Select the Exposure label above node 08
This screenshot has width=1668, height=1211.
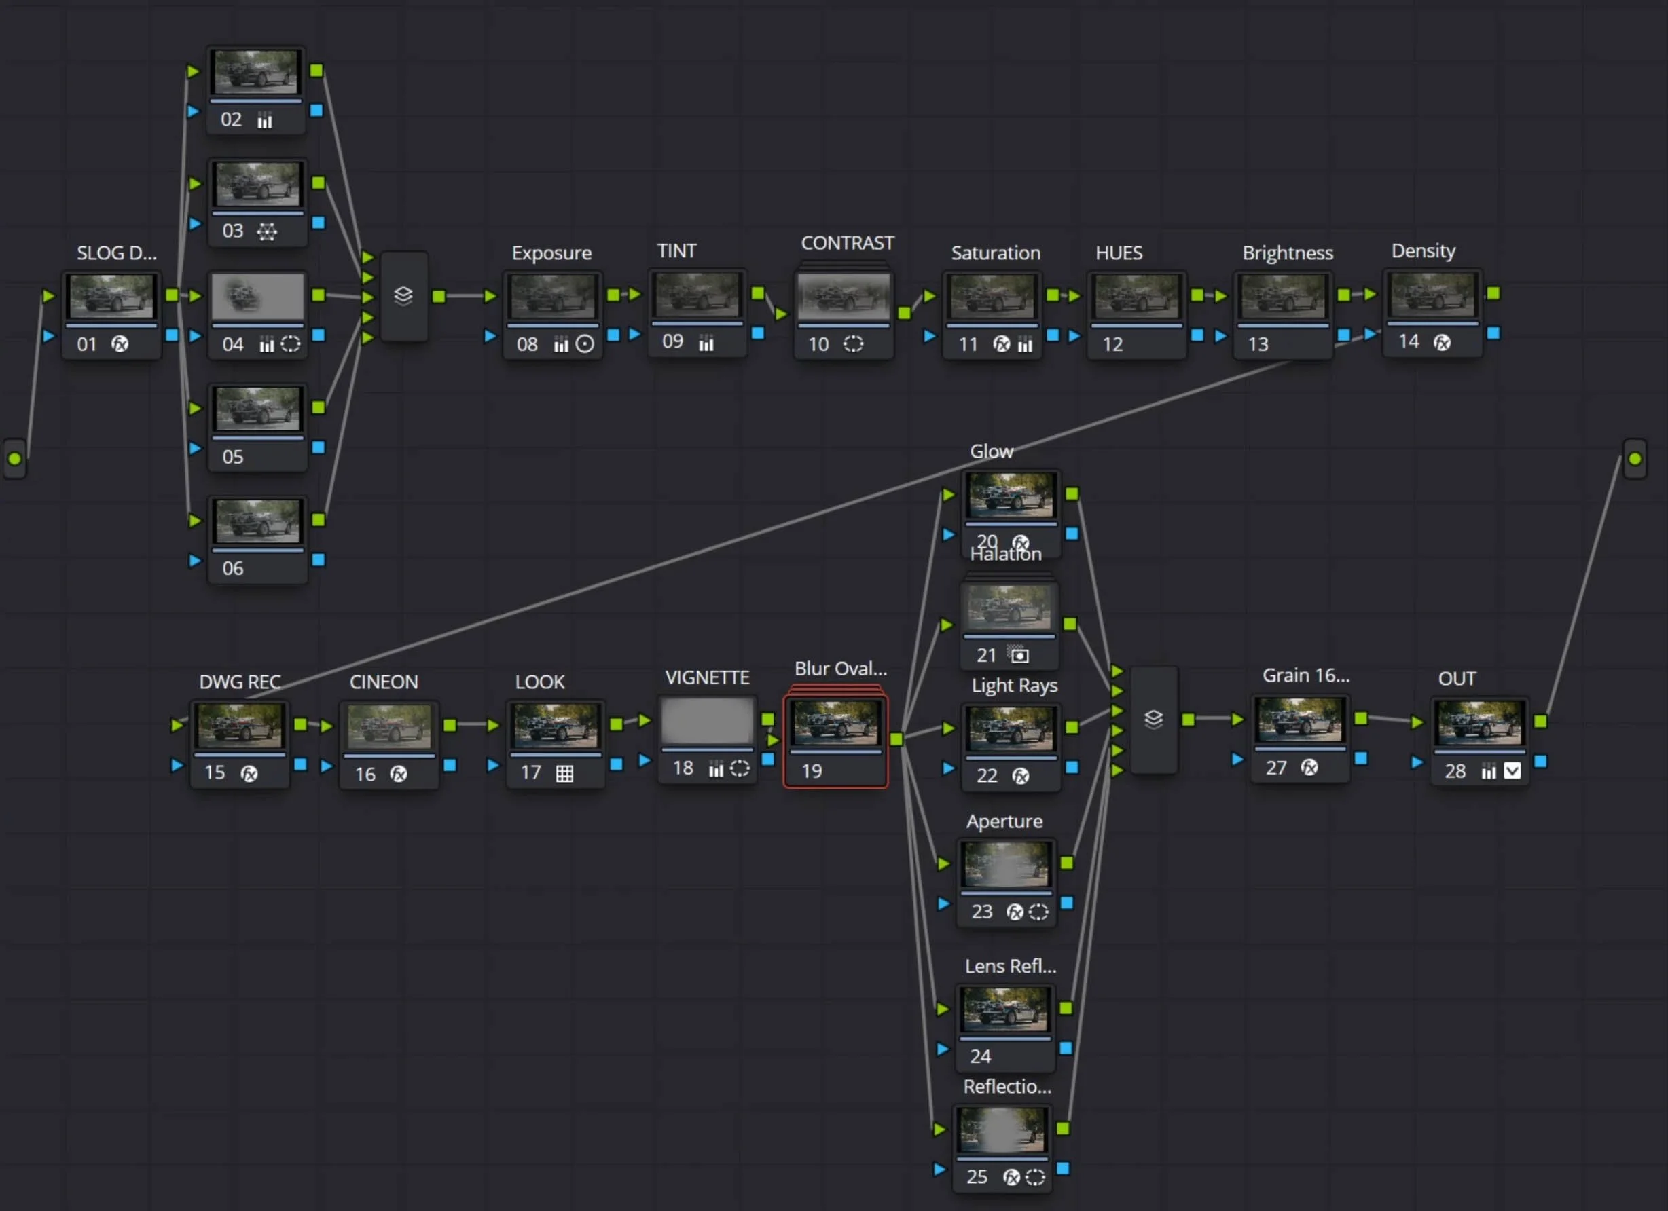(x=551, y=253)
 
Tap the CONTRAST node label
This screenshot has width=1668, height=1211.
(x=847, y=244)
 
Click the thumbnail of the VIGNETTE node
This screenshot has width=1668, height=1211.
(x=707, y=721)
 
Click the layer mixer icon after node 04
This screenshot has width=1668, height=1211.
(x=403, y=295)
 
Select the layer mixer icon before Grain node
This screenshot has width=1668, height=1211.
(x=1153, y=719)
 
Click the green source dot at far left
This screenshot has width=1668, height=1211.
(x=15, y=459)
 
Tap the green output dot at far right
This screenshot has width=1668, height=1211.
(x=1634, y=459)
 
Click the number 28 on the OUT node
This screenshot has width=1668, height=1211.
(x=1455, y=771)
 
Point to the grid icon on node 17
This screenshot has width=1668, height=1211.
(x=564, y=774)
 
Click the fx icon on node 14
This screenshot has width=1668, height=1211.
(x=1443, y=343)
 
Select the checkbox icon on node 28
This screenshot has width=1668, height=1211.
(x=1512, y=770)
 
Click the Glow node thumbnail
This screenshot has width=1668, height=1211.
(x=1011, y=494)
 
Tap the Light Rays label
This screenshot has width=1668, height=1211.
(x=1014, y=686)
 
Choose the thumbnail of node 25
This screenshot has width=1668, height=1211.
(x=1002, y=1130)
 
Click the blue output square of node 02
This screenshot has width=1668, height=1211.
(x=316, y=110)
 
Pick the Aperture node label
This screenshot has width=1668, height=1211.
(x=1004, y=821)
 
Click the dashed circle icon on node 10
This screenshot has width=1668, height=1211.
(x=853, y=344)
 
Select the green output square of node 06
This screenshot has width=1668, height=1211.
(x=319, y=520)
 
